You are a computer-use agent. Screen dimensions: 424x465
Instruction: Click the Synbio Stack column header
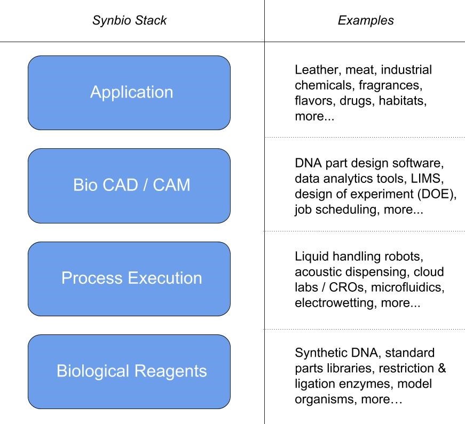[x=129, y=21]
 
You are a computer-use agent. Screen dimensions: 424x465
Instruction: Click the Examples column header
[x=366, y=21]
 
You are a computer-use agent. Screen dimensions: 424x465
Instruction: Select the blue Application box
[x=129, y=93]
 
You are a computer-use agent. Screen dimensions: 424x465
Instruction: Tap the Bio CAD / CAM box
[x=129, y=186]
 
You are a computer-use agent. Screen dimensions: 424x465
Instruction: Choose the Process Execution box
[x=129, y=278]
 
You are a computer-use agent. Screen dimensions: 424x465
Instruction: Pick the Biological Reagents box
[x=129, y=371]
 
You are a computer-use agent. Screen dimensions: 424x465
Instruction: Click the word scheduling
[x=351, y=210]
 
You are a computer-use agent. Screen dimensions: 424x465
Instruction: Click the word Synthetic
[x=318, y=353]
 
